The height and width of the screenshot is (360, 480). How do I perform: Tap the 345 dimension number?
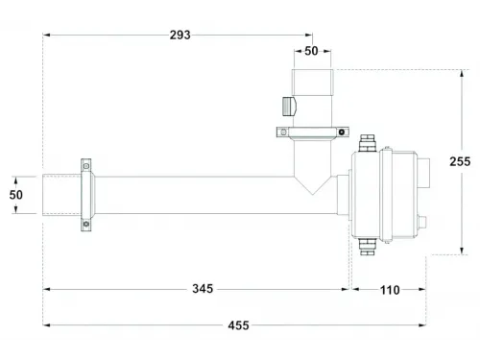click(x=202, y=288)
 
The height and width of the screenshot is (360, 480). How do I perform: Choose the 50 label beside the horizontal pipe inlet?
click(x=16, y=196)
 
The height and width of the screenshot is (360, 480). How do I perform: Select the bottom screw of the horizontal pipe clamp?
click(x=85, y=225)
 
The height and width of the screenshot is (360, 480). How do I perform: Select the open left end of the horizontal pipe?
click(x=43, y=195)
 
